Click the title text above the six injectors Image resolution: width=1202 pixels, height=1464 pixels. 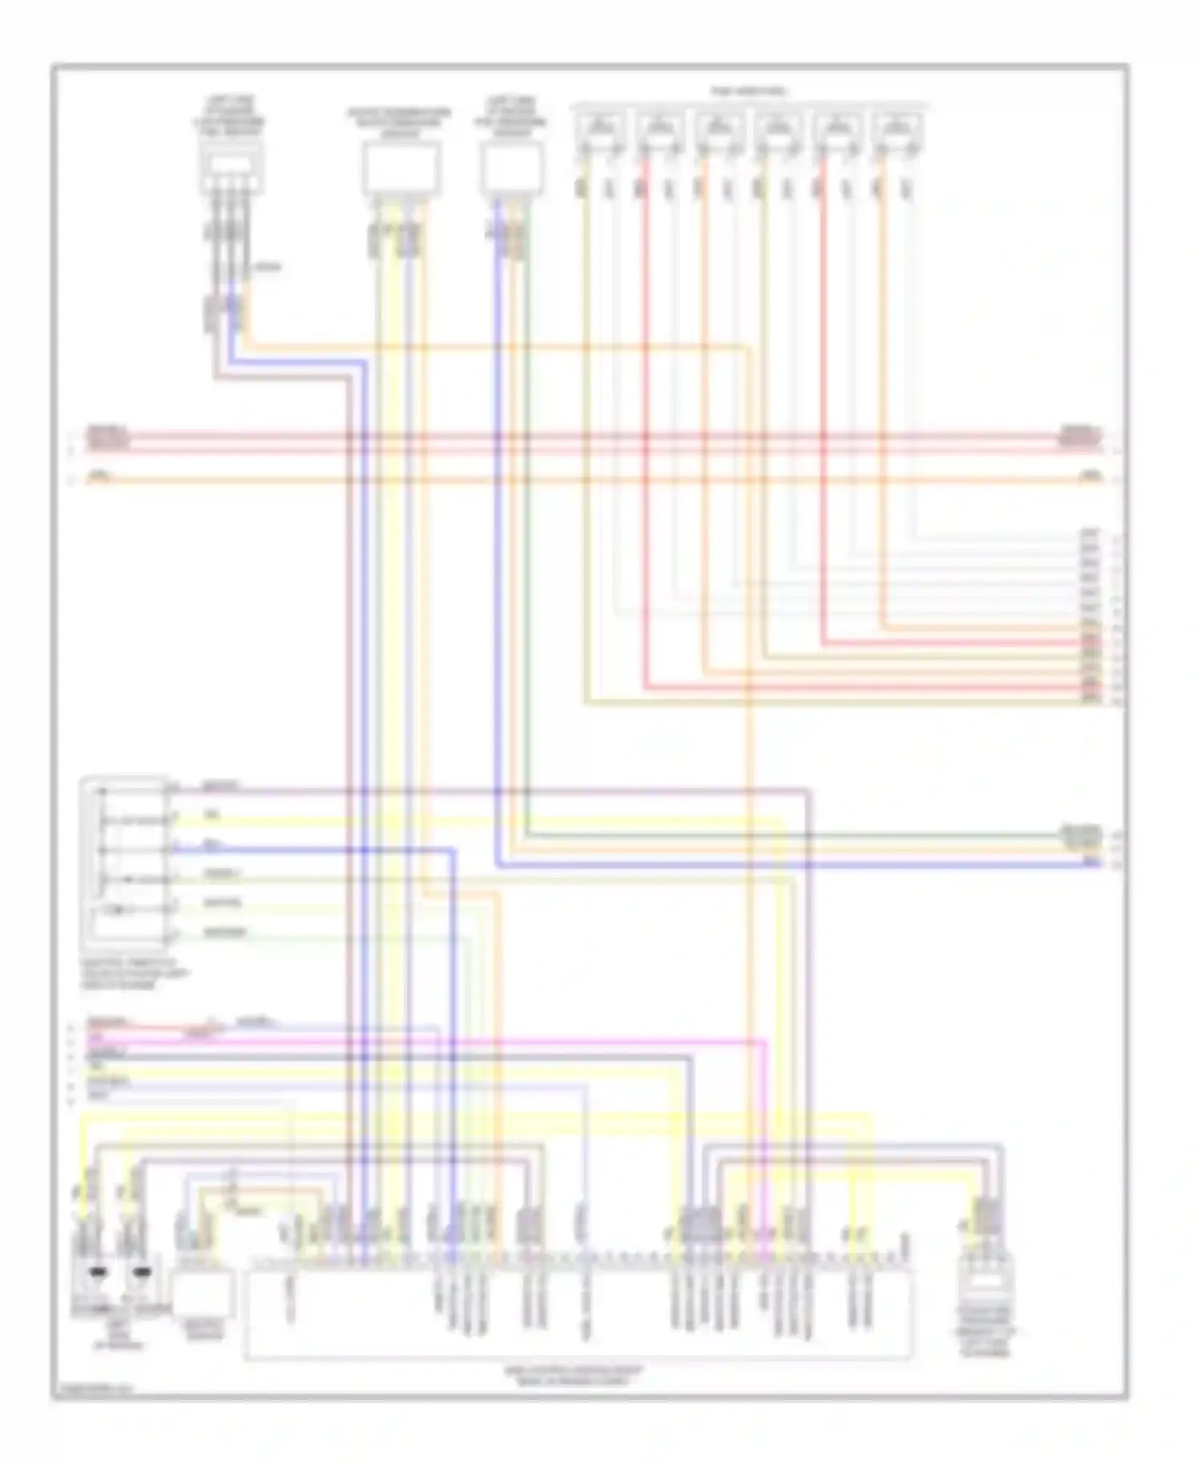pyautogui.click(x=748, y=92)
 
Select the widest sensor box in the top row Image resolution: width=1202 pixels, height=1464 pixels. pyautogui.click(x=401, y=168)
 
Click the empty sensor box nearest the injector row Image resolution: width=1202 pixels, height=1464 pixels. pyautogui.click(x=512, y=168)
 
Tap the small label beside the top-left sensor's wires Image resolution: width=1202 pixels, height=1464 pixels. pyautogui.click(x=268, y=267)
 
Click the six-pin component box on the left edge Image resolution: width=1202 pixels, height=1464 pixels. pyautogui.click(x=125, y=861)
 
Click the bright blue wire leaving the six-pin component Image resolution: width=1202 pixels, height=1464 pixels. pyautogui.click(x=321, y=850)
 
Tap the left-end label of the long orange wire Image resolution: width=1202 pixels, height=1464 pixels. pyautogui.click(x=99, y=477)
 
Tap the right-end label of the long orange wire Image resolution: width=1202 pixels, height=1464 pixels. pyautogui.click(x=1090, y=477)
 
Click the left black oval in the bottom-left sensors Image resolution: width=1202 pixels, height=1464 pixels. pyautogui.click(x=99, y=1271)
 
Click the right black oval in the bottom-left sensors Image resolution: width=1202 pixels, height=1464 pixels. pyautogui.click(x=142, y=1271)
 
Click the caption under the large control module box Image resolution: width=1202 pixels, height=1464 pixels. pyautogui.click(x=574, y=1376)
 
